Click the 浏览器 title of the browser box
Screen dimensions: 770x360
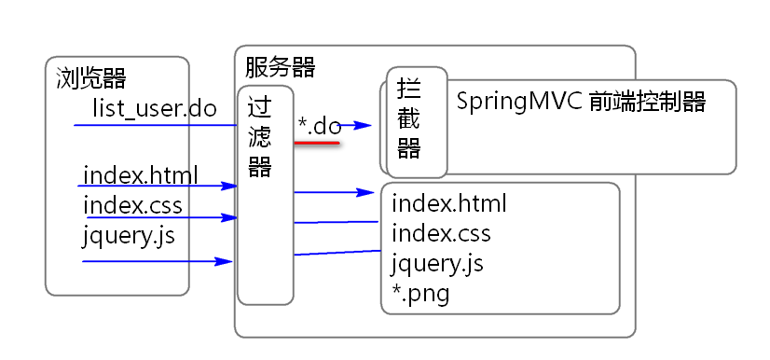91,77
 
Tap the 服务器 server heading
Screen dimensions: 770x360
280,67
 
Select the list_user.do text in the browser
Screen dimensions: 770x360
155,108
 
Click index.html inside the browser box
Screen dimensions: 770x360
141,175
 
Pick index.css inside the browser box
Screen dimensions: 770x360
132,205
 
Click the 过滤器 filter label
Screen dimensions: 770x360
260,136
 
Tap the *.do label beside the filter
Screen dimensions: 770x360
320,126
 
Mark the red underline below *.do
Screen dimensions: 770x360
317,143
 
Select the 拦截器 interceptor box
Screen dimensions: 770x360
417,122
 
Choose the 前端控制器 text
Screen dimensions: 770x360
647,102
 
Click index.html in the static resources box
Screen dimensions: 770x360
448,203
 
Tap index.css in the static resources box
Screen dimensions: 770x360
441,233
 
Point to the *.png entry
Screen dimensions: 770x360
420,295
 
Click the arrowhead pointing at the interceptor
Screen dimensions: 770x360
364,125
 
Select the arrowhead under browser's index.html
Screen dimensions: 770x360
229,186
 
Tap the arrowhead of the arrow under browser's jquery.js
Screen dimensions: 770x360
224,261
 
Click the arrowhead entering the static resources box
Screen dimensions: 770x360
365,192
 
